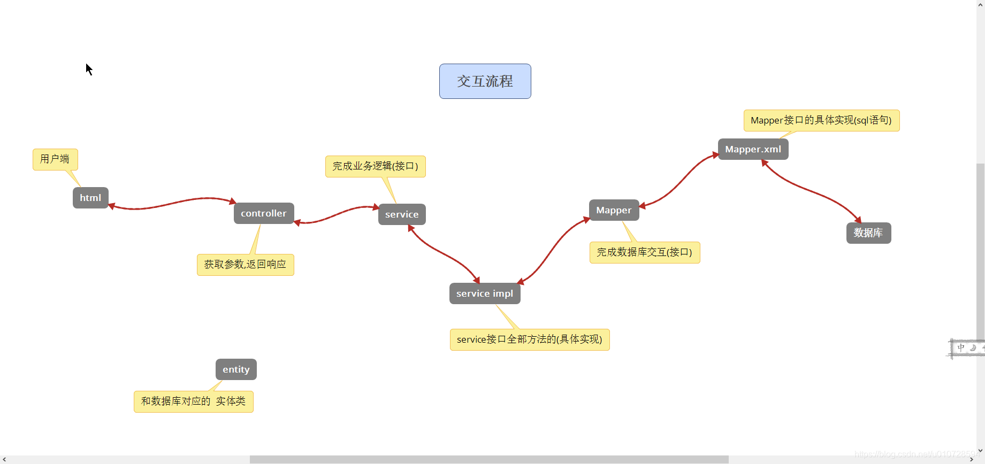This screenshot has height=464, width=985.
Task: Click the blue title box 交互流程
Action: pos(485,81)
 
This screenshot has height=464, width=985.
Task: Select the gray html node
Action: pos(90,198)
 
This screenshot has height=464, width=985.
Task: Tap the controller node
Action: pos(263,213)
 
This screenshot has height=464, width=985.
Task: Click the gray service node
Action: pos(402,214)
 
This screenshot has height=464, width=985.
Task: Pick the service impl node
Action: pos(484,293)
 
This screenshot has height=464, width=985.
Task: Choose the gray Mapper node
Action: pos(614,210)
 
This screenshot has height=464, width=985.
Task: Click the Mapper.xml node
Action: pos(753,149)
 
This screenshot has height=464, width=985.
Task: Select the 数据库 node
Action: pos(868,233)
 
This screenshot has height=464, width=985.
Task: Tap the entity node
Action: pos(236,369)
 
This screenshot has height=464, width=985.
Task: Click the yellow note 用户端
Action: pos(55,159)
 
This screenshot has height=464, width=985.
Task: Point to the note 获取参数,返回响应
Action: pos(245,265)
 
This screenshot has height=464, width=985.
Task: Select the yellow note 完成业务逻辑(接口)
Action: pos(375,166)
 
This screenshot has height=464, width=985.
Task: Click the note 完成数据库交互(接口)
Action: pos(644,252)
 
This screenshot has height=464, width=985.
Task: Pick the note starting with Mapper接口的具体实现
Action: pos(821,120)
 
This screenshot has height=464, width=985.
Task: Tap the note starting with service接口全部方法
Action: pos(529,339)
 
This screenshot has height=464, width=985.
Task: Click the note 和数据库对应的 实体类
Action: pos(193,401)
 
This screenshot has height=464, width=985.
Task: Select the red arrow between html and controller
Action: pos(171,203)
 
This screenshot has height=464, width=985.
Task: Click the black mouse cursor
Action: pos(89,69)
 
